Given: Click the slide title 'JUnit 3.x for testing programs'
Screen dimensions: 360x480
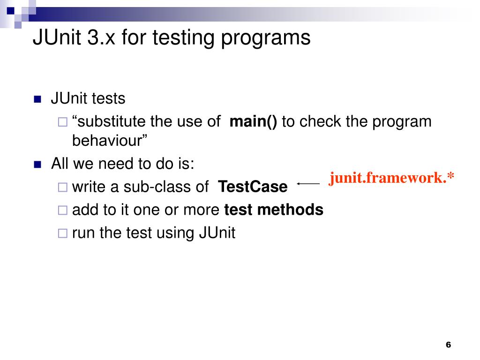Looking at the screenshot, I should click(x=171, y=38).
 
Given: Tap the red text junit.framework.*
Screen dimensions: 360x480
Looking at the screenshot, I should click(x=391, y=178).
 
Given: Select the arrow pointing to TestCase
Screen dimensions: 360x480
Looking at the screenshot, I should click(x=308, y=184).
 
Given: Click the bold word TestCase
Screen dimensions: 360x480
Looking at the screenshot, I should click(x=253, y=187).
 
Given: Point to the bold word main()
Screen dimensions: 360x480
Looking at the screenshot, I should click(x=253, y=121).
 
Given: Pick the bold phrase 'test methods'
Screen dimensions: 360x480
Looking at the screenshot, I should click(x=274, y=210).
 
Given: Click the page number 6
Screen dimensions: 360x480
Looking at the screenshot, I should click(x=448, y=345).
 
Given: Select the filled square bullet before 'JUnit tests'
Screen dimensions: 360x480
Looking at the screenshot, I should click(x=38, y=99).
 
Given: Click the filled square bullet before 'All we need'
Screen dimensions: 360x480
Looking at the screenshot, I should click(x=38, y=165).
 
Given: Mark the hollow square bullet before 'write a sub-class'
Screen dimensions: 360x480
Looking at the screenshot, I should click(x=62, y=187).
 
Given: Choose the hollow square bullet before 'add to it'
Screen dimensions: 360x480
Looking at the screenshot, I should click(x=62, y=210).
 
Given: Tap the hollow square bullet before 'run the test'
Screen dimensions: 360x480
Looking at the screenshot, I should click(x=62, y=233).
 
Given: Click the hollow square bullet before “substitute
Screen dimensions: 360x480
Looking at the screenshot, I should click(x=62, y=122).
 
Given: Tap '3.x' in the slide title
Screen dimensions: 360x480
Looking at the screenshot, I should click(x=102, y=38).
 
